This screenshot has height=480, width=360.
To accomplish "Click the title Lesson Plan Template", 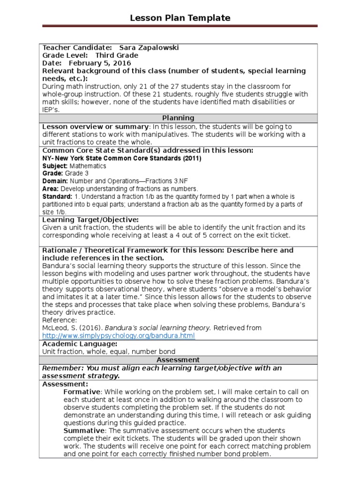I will coord(180,18).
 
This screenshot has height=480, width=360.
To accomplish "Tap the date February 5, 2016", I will coord(100,63).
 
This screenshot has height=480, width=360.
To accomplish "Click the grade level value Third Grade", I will coord(117,55).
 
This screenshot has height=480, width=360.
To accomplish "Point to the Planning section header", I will coord(178,118).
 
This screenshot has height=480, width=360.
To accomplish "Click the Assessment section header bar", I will coord(178,360).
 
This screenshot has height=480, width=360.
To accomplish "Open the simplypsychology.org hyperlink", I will coord(118,336).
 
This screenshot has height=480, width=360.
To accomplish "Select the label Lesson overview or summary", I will coord(95,127).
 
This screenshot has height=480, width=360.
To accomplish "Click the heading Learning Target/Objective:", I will coord(90,219).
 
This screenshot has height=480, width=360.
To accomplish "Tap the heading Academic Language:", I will coord(80,344).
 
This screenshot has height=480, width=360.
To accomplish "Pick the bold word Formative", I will coord(82,392).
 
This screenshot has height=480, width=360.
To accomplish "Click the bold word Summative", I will coord(83,430).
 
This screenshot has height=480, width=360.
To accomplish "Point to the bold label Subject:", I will coord(55,166).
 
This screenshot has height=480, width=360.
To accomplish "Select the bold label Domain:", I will coord(55,181).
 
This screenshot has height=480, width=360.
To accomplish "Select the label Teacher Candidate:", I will coord(77,48).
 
